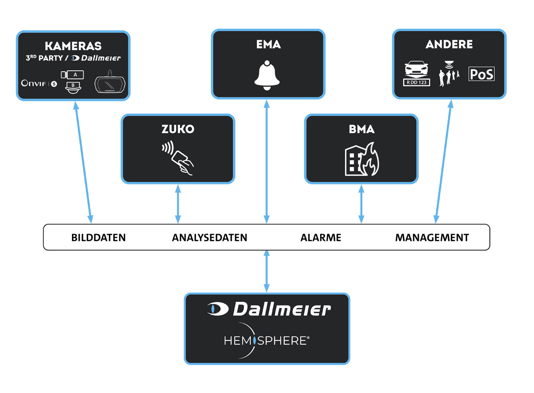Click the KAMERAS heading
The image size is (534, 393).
(73, 46)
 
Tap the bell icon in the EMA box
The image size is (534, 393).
(268, 75)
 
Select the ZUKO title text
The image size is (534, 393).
(178, 129)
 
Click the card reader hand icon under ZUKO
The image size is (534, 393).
(178, 158)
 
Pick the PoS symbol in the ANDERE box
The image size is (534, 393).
(481, 74)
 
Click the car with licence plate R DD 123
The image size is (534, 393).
(417, 73)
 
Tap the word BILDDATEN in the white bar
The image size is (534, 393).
(99, 238)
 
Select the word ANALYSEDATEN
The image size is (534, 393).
(209, 238)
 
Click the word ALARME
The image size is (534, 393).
(321, 238)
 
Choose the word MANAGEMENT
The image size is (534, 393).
(432, 238)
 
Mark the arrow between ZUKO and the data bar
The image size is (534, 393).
(178, 204)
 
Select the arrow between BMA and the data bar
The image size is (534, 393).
(361, 204)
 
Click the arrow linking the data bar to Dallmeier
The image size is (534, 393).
(267, 271)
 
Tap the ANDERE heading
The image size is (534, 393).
(449, 44)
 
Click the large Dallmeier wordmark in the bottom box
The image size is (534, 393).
(268, 309)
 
